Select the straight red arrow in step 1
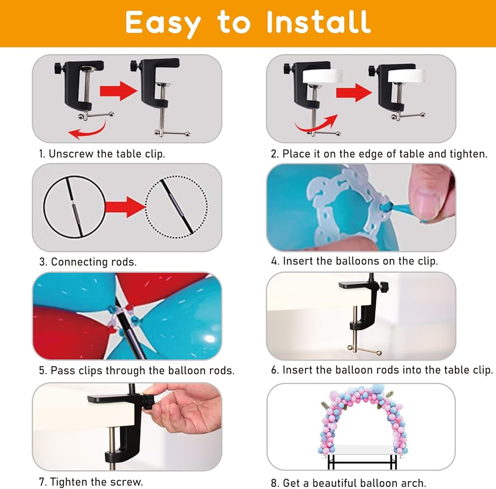point(119,91)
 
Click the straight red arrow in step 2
point(354,93)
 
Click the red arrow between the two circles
point(125,207)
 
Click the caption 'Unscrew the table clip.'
point(107,154)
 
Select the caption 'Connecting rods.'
point(94,262)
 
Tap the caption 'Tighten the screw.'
point(97,482)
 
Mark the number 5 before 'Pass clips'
point(43,370)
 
